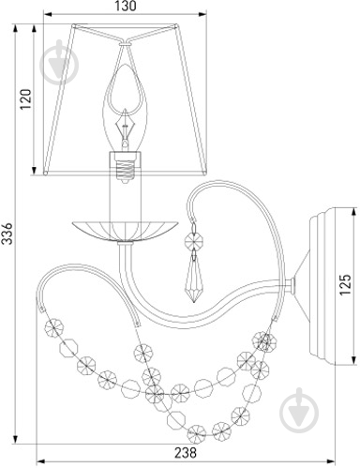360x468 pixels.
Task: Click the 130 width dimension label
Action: pos(126,7)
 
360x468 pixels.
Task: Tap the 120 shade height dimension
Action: pos(26,99)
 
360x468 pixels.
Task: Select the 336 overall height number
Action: pos(7,234)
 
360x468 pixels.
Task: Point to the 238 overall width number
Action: pos(186,452)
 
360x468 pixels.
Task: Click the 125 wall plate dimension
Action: pos(345,285)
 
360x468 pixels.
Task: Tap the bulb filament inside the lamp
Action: pos(125,127)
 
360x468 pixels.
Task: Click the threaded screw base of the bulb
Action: pos(125,170)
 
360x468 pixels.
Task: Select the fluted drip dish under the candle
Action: pos(125,231)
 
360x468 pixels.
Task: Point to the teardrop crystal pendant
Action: pos(194,280)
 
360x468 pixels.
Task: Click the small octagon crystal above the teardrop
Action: pos(194,240)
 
